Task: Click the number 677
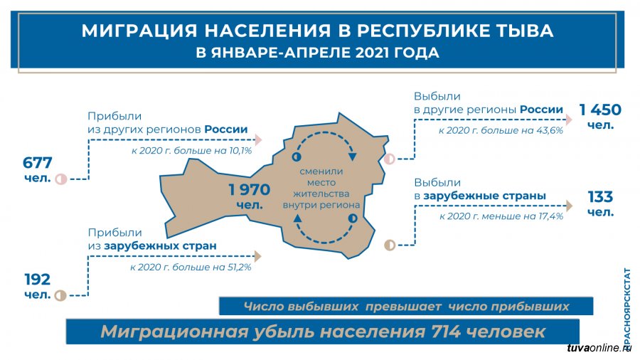point(37,163)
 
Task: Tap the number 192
point(38,280)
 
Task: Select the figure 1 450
point(600,110)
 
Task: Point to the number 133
point(600,197)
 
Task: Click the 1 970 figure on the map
point(250,189)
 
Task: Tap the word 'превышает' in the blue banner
point(403,307)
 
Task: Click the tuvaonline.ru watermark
point(599,348)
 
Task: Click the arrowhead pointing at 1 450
point(569,120)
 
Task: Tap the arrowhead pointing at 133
point(569,206)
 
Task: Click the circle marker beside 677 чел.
point(61,179)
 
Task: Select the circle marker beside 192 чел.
point(61,295)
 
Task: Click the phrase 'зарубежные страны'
point(484,196)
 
